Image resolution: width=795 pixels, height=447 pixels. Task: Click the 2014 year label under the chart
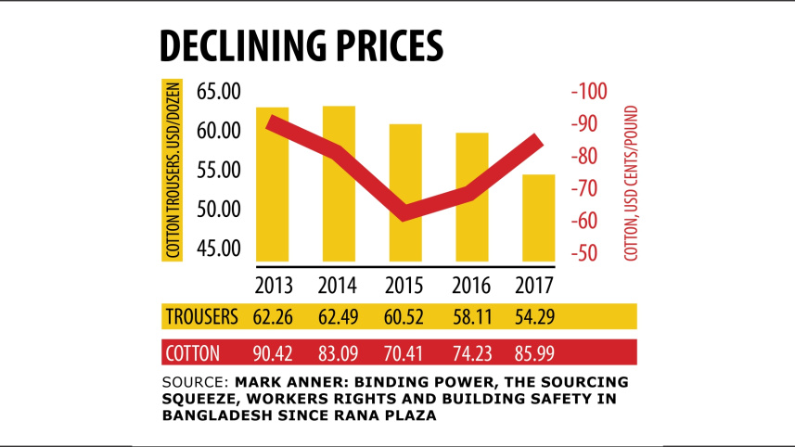[x=339, y=285]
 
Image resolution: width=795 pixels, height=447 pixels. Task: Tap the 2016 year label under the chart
[x=472, y=285]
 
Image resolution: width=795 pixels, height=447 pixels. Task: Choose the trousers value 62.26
[x=273, y=316]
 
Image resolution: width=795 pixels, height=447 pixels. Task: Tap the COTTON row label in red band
[x=193, y=352]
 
